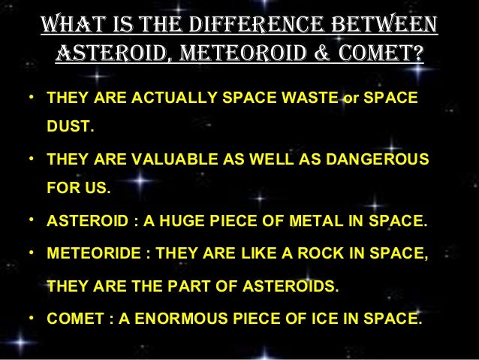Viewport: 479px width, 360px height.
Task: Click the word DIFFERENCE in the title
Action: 241,23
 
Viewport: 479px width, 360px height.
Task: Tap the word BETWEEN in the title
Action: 378,23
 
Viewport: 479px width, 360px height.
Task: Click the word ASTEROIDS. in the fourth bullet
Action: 294,286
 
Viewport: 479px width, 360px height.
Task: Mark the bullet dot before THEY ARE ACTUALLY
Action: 32,98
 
